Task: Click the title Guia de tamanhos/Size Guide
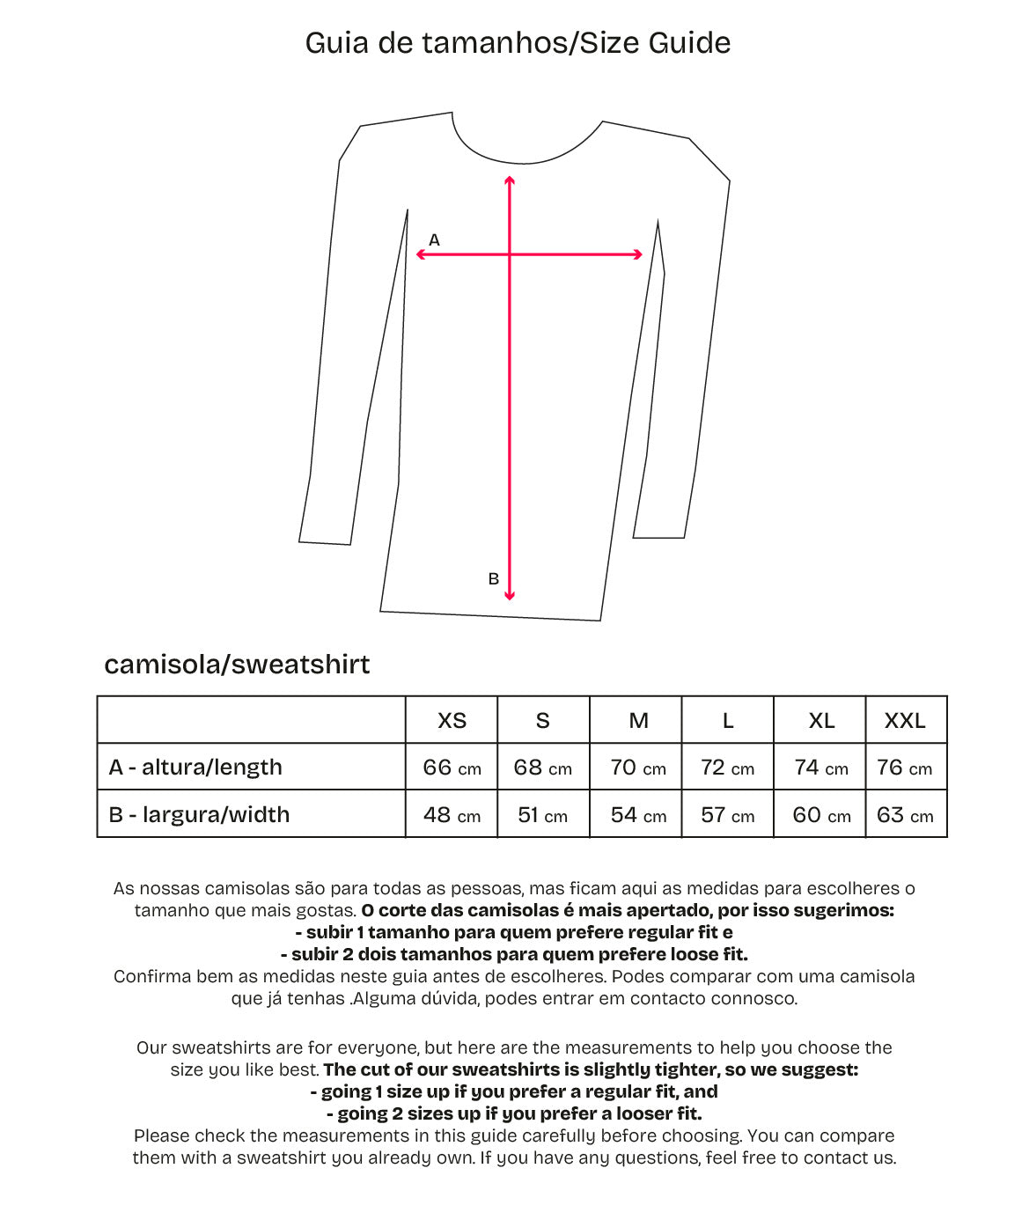(518, 43)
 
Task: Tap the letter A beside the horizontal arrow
(434, 239)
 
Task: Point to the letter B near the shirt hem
(494, 578)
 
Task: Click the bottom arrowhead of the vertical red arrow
(510, 596)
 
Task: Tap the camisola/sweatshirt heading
(237, 664)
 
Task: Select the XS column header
(452, 721)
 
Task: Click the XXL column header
(905, 721)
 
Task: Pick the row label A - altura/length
(195, 768)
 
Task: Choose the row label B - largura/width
(199, 814)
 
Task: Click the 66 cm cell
(452, 768)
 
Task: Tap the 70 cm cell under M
(638, 768)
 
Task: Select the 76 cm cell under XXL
(905, 768)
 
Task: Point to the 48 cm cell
(452, 814)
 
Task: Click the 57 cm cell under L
(728, 814)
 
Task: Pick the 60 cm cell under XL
(821, 814)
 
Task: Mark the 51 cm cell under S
(543, 814)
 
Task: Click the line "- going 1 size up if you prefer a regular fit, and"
(514, 1091)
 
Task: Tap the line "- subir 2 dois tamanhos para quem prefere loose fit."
(514, 954)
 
